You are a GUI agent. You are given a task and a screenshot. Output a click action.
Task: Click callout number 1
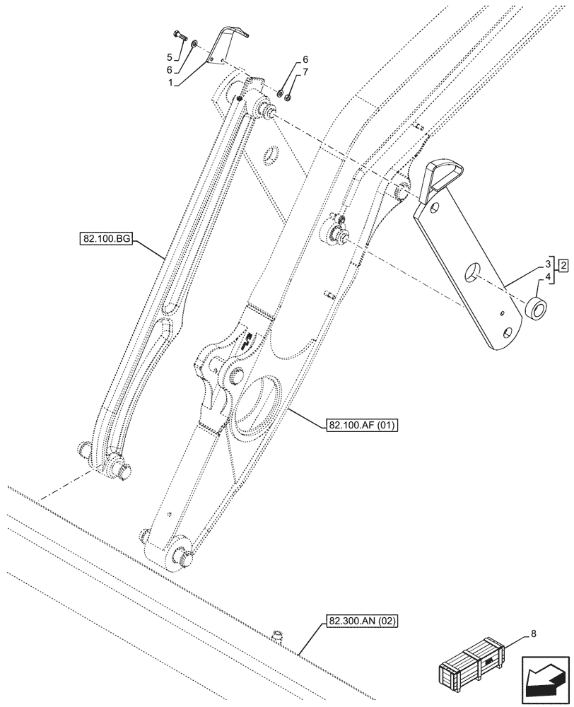click(170, 82)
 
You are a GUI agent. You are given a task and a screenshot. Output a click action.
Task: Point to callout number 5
click(170, 56)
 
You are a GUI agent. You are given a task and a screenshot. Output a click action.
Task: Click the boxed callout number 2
click(563, 265)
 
